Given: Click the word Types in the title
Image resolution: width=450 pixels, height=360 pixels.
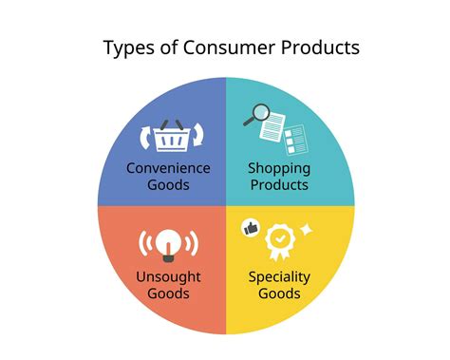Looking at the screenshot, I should pyautogui.click(x=130, y=48).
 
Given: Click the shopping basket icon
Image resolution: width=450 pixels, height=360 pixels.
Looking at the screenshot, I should pyautogui.click(x=171, y=136).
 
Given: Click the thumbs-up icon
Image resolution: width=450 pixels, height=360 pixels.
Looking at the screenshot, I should pyautogui.click(x=251, y=228).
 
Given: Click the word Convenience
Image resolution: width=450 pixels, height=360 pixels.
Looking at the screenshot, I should pyautogui.click(x=168, y=168).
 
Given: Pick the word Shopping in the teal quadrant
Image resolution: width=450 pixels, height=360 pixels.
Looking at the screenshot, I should pyautogui.click(x=279, y=168).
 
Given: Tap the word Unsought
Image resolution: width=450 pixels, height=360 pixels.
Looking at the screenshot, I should pyautogui.click(x=168, y=276).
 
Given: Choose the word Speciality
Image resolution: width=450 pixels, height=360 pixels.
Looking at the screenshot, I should pyautogui.click(x=279, y=276).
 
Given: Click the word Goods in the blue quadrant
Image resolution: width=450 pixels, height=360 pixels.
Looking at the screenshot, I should pyautogui.click(x=168, y=185).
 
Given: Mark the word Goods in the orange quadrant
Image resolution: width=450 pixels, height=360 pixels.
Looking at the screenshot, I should pyautogui.click(x=168, y=294).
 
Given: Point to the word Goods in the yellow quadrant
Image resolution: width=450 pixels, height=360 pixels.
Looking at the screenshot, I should pyautogui.click(x=279, y=294).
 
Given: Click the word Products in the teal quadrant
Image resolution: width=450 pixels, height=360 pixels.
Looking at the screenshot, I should pyautogui.click(x=279, y=185).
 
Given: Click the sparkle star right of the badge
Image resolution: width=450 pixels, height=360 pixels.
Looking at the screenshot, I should pyautogui.click(x=307, y=230).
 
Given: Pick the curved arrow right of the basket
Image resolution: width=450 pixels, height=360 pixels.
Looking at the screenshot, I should pyautogui.click(x=198, y=138).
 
